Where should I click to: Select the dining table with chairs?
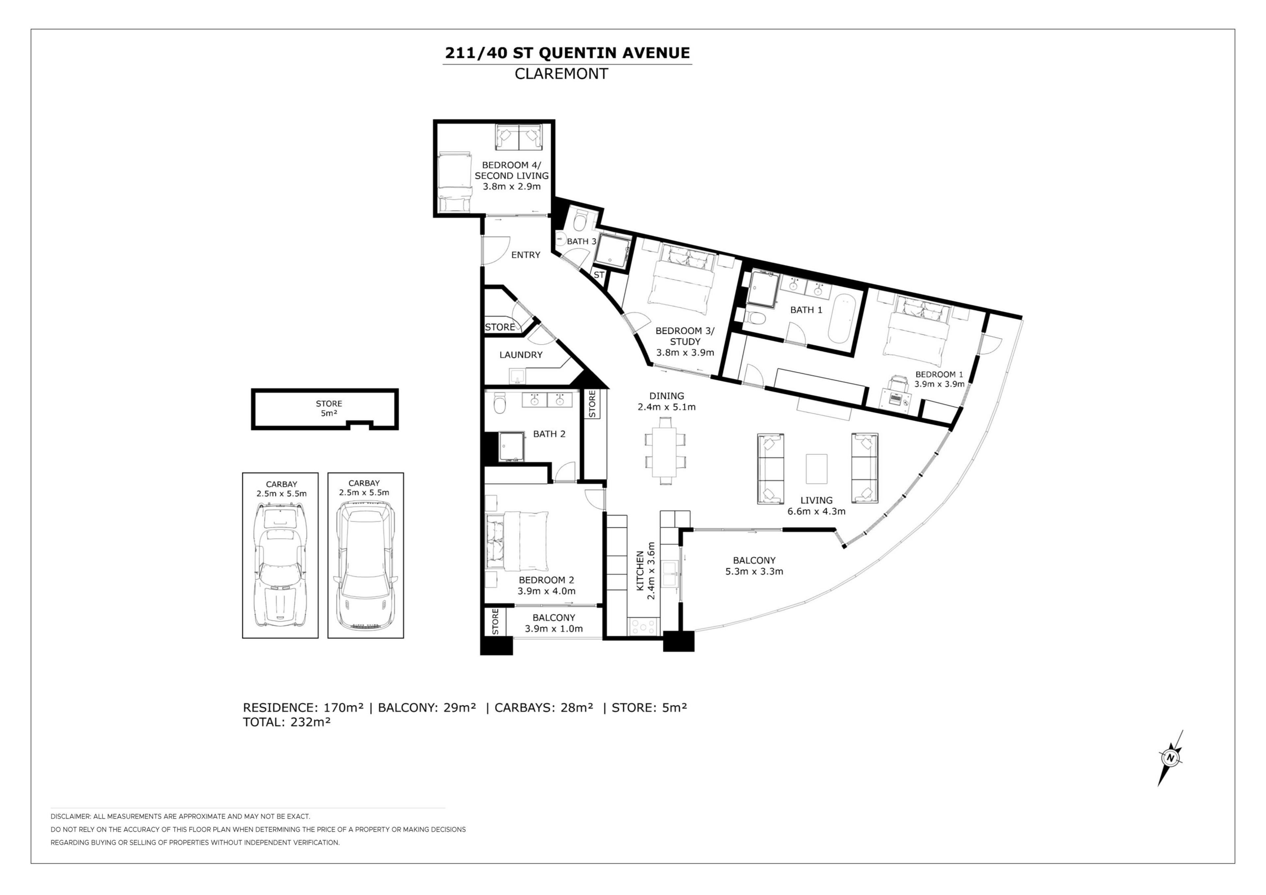(x=666, y=451)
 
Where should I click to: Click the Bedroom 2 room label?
(x=546, y=580)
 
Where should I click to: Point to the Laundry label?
(x=521, y=355)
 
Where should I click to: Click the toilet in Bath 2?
(x=499, y=403)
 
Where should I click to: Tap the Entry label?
(x=526, y=255)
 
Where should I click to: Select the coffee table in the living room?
(x=816, y=469)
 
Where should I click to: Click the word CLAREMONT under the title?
(x=561, y=74)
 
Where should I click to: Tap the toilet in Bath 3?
(x=580, y=221)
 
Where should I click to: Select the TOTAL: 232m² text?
(x=287, y=722)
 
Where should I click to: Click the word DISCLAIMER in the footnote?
(x=70, y=817)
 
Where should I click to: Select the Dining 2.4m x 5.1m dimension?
(x=667, y=407)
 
